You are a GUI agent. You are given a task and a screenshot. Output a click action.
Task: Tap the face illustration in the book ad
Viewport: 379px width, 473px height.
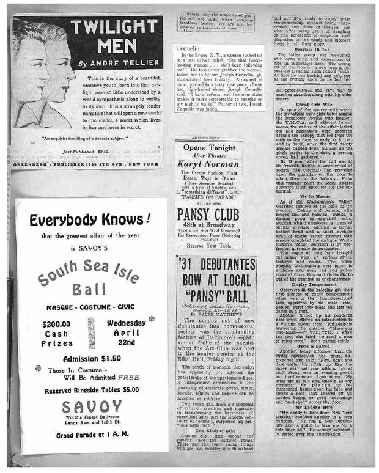pyautogui.click(x=42, y=79)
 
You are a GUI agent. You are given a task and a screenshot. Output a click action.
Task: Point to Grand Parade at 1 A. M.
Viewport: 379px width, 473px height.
pyautogui.click(x=90, y=436)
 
